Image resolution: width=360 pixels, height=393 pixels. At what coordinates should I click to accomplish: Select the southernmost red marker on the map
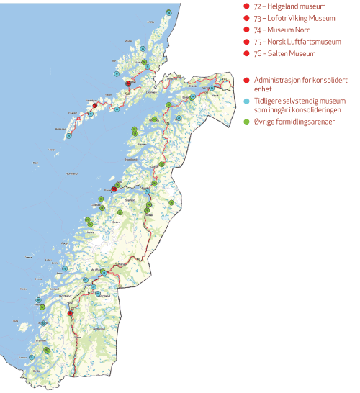pos(70,313)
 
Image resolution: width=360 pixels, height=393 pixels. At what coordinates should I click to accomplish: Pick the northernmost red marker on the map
pos(128,83)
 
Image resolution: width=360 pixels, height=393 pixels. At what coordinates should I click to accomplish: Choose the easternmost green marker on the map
pos(171,202)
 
